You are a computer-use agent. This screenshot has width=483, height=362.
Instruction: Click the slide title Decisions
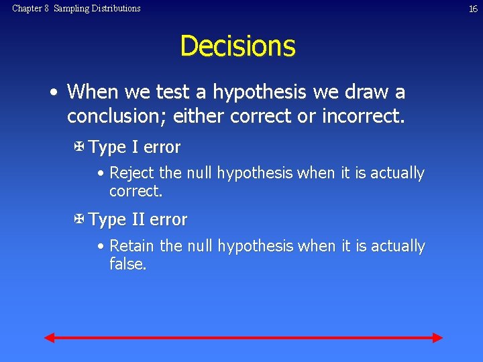pyautogui.click(x=237, y=46)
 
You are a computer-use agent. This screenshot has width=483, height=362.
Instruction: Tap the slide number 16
pyautogui.click(x=473, y=9)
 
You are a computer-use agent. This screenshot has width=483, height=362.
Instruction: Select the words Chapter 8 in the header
pyautogui.click(x=31, y=9)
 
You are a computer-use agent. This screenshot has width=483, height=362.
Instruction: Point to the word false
pyautogui.click(x=127, y=264)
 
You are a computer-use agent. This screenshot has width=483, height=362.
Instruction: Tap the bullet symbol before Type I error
pyautogui.click(x=79, y=147)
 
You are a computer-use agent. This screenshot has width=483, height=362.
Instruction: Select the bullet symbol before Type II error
pyautogui.click(x=79, y=219)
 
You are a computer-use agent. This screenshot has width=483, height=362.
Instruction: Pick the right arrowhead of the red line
pyautogui.click(x=437, y=338)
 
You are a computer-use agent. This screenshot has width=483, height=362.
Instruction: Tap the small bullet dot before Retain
pyautogui.click(x=101, y=247)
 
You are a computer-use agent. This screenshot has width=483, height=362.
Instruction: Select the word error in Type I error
pyautogui.click(x=162, y=147)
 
